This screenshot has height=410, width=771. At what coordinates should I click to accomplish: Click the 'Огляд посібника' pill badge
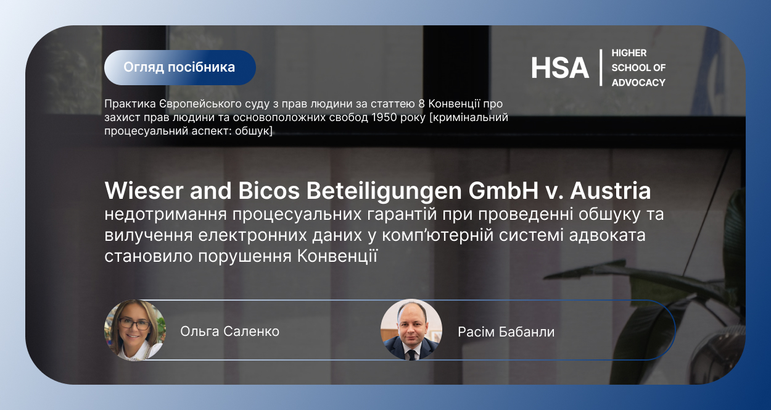click(x=179, y=67)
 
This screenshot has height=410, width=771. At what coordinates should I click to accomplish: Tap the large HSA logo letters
click(x=559, y=68)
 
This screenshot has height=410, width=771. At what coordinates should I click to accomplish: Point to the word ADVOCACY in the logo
click(x=638, y=83)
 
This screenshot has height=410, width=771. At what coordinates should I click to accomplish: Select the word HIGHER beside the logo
click(x=629, y=53)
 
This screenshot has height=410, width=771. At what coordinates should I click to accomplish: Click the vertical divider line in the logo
click(x=601, y=67)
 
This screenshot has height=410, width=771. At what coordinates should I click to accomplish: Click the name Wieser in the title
click(x=144, y=191)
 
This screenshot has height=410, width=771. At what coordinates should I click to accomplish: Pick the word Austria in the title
click(x=611, y=191)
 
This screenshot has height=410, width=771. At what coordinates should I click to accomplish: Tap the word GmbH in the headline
click(x=503, y=191)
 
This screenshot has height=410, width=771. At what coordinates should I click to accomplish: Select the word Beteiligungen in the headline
click(x=384, y=191)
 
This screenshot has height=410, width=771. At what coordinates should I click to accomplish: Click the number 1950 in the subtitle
click(x=384, y=117)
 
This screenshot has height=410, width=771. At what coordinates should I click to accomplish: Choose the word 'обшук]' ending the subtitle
click(x=254, y=131)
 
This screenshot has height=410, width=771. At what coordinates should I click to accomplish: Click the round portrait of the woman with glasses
click(x=135, y=330)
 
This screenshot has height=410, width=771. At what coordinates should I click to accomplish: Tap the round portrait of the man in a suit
click(x=411, y=330)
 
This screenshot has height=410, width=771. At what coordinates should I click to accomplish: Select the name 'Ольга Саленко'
click(x=229, y=332)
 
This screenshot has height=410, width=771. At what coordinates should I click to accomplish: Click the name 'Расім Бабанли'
click(x=506, y=332)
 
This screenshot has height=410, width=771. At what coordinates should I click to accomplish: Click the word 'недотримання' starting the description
click(x=165, y=215)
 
